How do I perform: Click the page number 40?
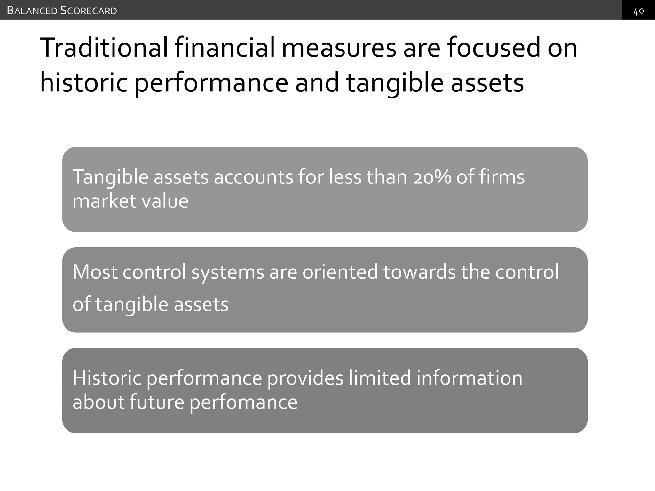click(x=638, y=11)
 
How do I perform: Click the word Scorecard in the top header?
click(x=89, y=11)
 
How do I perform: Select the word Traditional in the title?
click(x=104, y=48)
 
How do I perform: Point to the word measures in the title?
click(x=339, y=48)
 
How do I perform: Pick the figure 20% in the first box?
click(x=432, y=177)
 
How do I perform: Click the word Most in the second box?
click(x=95, y=272)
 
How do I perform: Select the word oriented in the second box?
click(x=340, y=272)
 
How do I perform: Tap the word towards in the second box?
click(x=419, y=272)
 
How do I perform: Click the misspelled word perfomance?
click(x=243, y=402)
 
